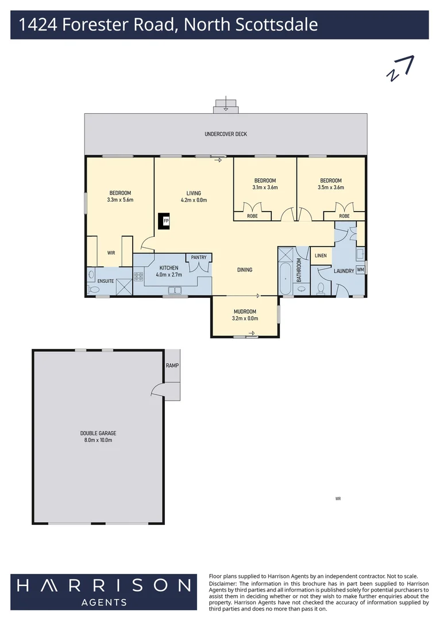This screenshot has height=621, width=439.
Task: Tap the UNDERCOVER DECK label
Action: [226, 134]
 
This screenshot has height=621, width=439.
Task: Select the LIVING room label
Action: [193, 193]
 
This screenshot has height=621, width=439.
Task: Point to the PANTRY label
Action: [199, 258]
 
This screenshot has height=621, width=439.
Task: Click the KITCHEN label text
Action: [169, 268]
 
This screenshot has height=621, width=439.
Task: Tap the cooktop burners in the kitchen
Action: [138, 276]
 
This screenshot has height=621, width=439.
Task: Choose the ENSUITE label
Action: [106, 281]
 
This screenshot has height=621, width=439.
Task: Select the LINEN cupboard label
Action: [321, 255]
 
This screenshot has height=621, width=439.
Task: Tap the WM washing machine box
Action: [360, 269]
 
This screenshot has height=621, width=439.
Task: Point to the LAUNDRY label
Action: [344, 270]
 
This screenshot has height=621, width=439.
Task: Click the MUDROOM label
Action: [245, 312]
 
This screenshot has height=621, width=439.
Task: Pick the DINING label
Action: [245, 270]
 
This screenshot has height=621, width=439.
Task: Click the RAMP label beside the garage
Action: [172, 365]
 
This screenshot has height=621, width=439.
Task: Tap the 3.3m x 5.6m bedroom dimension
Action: [120, 200]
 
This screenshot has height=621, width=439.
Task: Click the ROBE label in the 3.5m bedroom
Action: [344, 216]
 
